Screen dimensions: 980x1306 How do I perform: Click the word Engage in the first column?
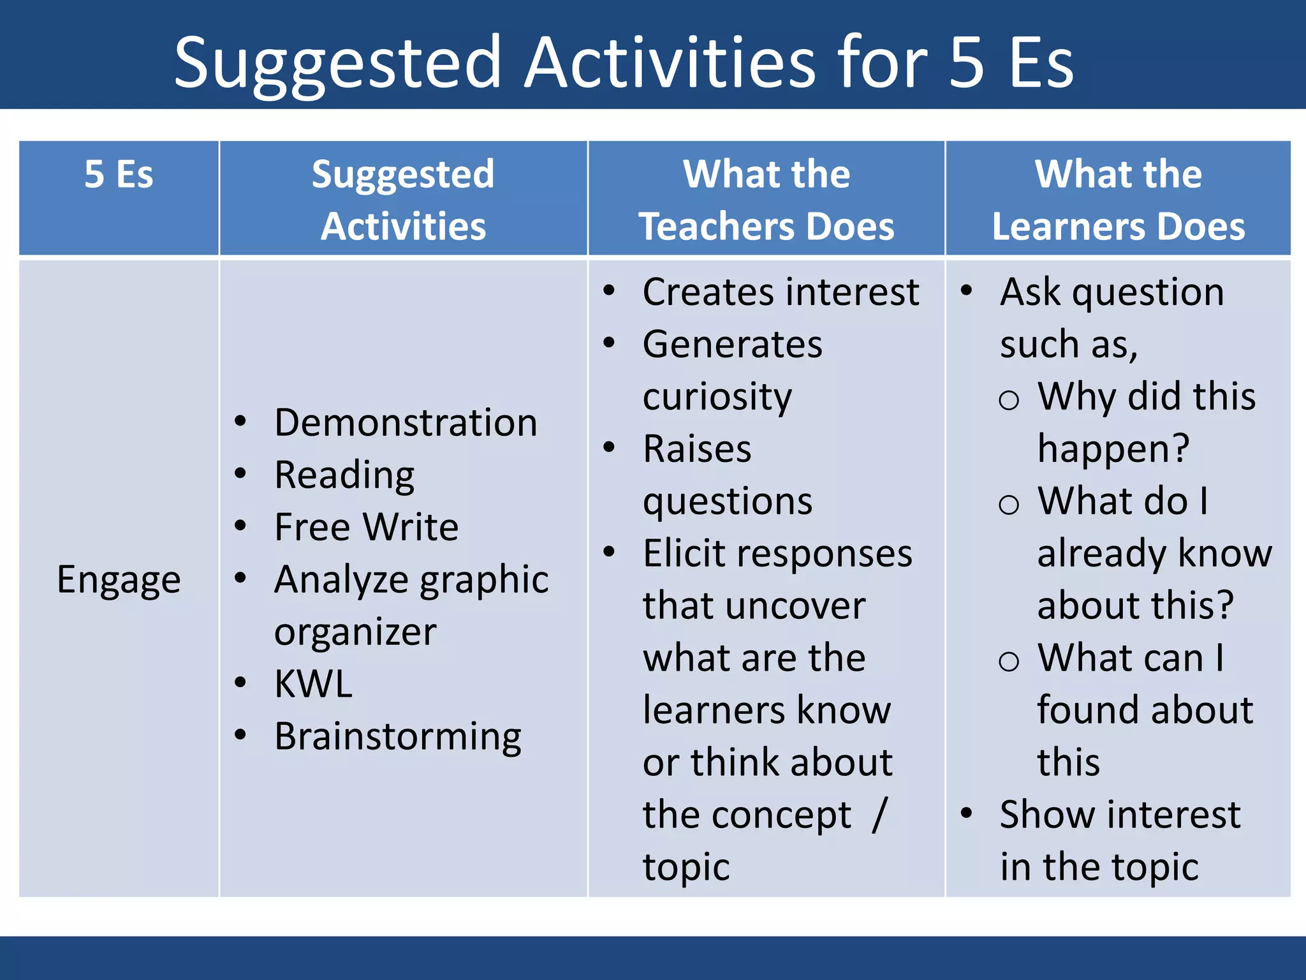click(119, 580)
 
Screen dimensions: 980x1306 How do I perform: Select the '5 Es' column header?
click(119, 174)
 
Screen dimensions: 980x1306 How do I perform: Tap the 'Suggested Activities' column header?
click(403, 200)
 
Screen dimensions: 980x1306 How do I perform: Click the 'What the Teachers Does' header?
click(767, 200)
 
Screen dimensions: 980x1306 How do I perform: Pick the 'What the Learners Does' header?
click(1118, 200)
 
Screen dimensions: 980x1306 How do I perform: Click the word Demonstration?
click(406, 423)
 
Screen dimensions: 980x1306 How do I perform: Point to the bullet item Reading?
click(344, 475)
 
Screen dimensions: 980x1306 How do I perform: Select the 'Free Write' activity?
click(366, 528)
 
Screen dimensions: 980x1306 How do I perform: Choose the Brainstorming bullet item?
click(397, 737)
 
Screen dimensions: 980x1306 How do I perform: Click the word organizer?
click(355, 632)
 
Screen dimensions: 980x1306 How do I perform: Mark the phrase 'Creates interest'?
click(781, 293)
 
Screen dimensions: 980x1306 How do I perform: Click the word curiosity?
click(717, 397)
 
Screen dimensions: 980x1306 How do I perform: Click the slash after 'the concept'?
click(880, 815)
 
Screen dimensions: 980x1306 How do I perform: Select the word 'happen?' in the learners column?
click(1113, 449)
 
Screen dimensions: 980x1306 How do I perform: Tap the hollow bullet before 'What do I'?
click(1008, 505)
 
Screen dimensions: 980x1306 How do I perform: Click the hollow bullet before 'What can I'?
click(1008, 662)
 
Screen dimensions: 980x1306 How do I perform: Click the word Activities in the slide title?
click(670, 63)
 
